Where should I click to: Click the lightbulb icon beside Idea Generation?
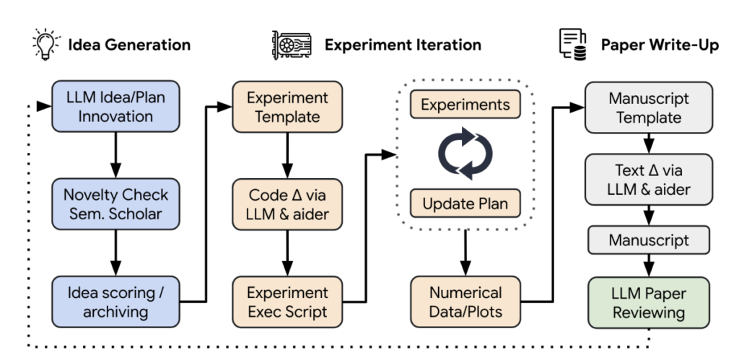coord(46,44)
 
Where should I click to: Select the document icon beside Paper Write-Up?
coord(572,44)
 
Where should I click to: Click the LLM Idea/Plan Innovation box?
coord(115,106)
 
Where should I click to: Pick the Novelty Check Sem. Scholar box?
coord(115,204)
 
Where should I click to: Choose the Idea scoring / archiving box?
coord(115,302)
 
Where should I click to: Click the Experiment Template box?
coord(287,107)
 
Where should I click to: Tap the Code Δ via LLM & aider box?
coord(287,204)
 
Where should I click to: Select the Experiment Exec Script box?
coord(287,302)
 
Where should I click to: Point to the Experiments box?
coord(465,104)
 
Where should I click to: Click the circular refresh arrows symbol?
coord(465,153)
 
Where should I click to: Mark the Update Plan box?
coord(465,203)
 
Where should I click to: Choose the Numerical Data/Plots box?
coord(465,302)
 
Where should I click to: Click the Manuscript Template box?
coord(649,107)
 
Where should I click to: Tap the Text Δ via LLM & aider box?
coord(649,179)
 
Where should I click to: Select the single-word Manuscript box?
coord(649,240)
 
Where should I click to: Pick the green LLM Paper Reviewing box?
coord(649,302)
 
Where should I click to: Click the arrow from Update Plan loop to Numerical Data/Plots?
coord(465,253)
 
